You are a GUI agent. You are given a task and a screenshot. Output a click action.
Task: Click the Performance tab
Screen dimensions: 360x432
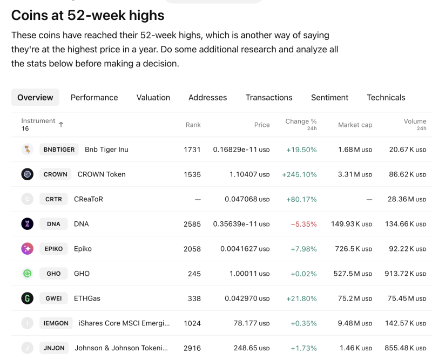pyautogui.click(x=94, y=98)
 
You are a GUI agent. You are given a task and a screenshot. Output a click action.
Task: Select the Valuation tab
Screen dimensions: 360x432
pyautogui.click(x=153, y=98)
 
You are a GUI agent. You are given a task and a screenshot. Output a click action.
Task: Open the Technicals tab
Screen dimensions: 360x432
pyautogui.click(x=386, y=98)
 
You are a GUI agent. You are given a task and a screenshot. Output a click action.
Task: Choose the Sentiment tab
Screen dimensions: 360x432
pyautogui.click(x=329, y=98)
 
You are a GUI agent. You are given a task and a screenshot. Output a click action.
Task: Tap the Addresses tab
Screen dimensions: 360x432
pyautogui.click(x=207, y=98)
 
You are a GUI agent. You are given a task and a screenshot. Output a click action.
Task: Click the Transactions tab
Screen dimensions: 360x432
pyautogui.click(x=269, y=98)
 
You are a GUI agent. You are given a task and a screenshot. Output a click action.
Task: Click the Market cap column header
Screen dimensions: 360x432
pyautogui.click(x=355, y=125)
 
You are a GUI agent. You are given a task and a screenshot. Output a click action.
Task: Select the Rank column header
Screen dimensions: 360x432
pyautogui.click(x=193, y=125)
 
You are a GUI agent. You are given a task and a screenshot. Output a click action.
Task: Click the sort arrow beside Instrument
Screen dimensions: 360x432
pyautogui.click(x=61, y=125)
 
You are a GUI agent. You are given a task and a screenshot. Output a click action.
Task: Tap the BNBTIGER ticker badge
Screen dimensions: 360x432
pyautogui.click(x=59, y=150)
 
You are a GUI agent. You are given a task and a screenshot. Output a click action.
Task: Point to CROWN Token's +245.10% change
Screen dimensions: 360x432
pyautogui.click(x=299, y=174)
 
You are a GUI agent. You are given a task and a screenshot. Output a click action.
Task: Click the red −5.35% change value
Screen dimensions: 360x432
pyautogui.click(x=303, y=224)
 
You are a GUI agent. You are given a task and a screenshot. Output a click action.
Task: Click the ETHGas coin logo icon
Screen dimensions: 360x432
pyautogui.click(x=28, y=298)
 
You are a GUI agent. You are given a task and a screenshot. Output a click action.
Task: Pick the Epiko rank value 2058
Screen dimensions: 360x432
pyautogui.click(x=192, y=249)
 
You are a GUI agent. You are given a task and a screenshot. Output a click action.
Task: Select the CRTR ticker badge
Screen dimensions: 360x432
pyautogui.click(x=53, y=199)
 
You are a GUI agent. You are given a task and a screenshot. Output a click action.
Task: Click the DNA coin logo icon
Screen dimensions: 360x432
pyautogui.click(x=28, y=224)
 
